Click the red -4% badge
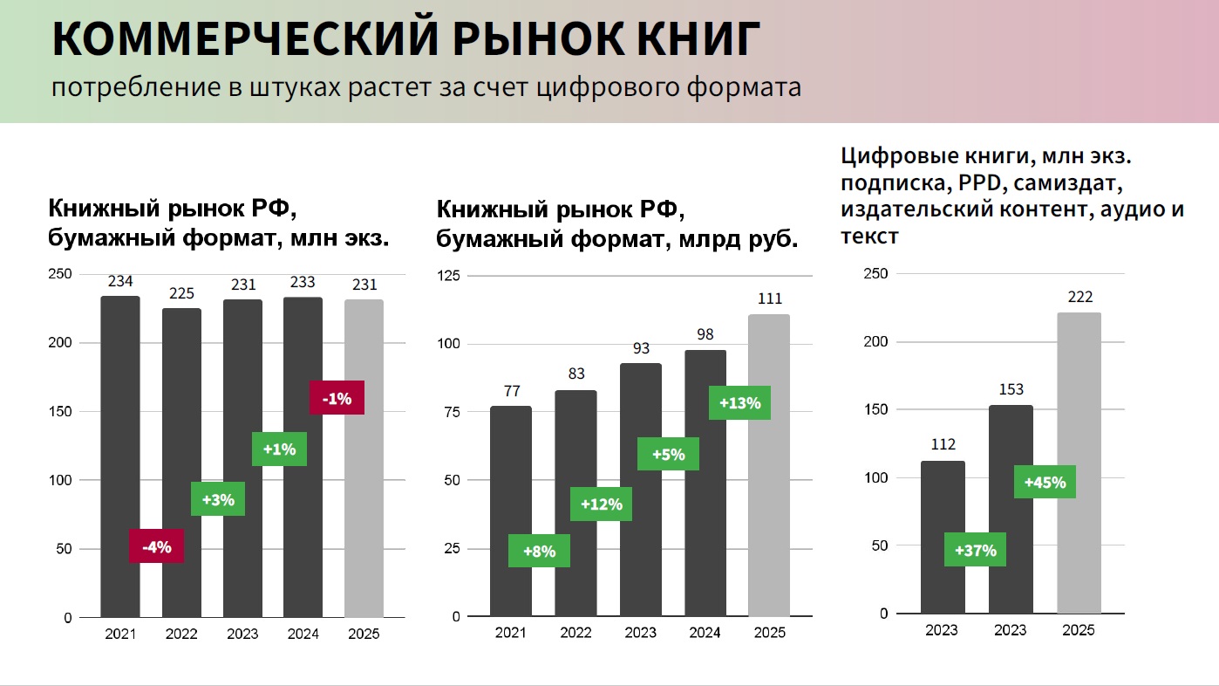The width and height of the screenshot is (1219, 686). pyautogui.click(x=156, y=546)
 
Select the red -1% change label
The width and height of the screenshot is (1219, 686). pyautogui.click(x=337, y=398)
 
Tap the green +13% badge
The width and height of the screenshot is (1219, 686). pyautogui.click(x=739, y=402)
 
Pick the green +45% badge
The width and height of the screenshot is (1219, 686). pyautogui.click(x=1045, y=481)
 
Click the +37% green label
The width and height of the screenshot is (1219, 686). pyautogui.click(x=975, y=550)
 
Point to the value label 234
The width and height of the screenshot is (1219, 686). pyautogui.click(x=120, y=281)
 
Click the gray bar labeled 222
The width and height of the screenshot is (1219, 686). pyautogui.click(x=1079, y=463)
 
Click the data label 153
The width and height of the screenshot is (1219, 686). pyautogui.click(x=1011, y=389)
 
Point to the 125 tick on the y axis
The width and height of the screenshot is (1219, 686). pyautogui.click(x=447, y=276)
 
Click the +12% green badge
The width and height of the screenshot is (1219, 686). pyautogui.click(x=601, y=504)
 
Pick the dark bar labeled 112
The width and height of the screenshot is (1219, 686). pyautogui.click(x=943, y=537)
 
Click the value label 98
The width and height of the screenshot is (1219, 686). pyautogui.click(x=705, y=335)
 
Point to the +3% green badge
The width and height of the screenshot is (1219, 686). pyautogui.click(x=217, y=499)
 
